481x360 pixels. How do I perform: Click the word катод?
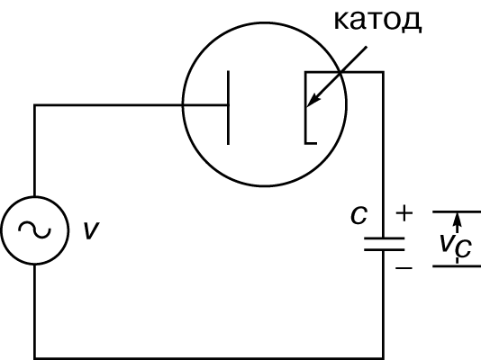click(377, 20)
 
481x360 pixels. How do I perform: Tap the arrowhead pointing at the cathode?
click(313, 100)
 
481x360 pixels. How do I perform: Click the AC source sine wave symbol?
click(34, 229)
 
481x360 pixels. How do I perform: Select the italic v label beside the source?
click(91, 230)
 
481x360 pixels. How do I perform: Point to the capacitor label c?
click(358, 215)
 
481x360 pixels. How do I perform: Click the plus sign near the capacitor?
click(404, 212)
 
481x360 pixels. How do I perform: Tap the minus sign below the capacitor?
click(404, 268)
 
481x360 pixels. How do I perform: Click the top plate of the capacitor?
click(384, 238)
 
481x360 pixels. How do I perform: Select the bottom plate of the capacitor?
click(384, 249)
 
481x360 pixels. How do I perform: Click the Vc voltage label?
click(455, 246)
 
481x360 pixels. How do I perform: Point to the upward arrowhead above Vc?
click(457, 219)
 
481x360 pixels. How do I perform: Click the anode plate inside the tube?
click(228, 107)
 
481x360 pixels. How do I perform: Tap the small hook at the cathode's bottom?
click(311, 143)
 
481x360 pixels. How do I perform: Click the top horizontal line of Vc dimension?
click(457, 211)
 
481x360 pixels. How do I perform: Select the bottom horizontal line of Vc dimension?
click(457, 266)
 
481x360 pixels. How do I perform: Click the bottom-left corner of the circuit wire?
click(34, 358)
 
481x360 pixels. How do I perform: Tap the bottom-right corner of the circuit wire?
click(384, 358)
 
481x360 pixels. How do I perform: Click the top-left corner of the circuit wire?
click(34, 105)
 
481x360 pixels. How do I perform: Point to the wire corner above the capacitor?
click(384, 72)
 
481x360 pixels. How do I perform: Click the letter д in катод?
click(412, 22)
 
